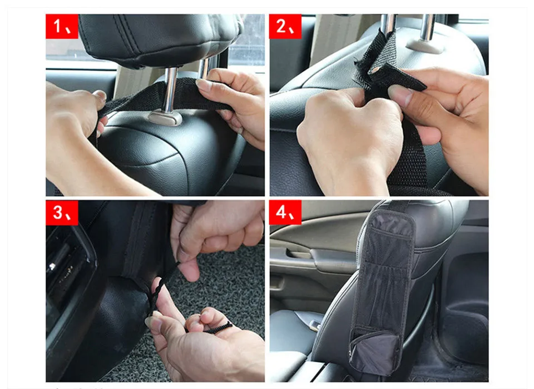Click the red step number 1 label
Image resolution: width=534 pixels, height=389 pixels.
[x=62, y=27]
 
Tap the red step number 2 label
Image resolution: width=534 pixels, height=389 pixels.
[x=285, y=27]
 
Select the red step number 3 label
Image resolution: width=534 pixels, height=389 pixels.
[x=62, y=213]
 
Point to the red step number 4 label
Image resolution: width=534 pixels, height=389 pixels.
[x=285, y=213]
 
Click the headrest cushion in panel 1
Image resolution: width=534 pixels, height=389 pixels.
[x=160, y=38]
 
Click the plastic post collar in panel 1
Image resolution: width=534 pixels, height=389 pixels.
[x=165, y=118]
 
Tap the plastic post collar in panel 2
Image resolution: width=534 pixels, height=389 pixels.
[x=424, y=46]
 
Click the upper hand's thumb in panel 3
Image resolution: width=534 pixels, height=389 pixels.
[x=189, y=269]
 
